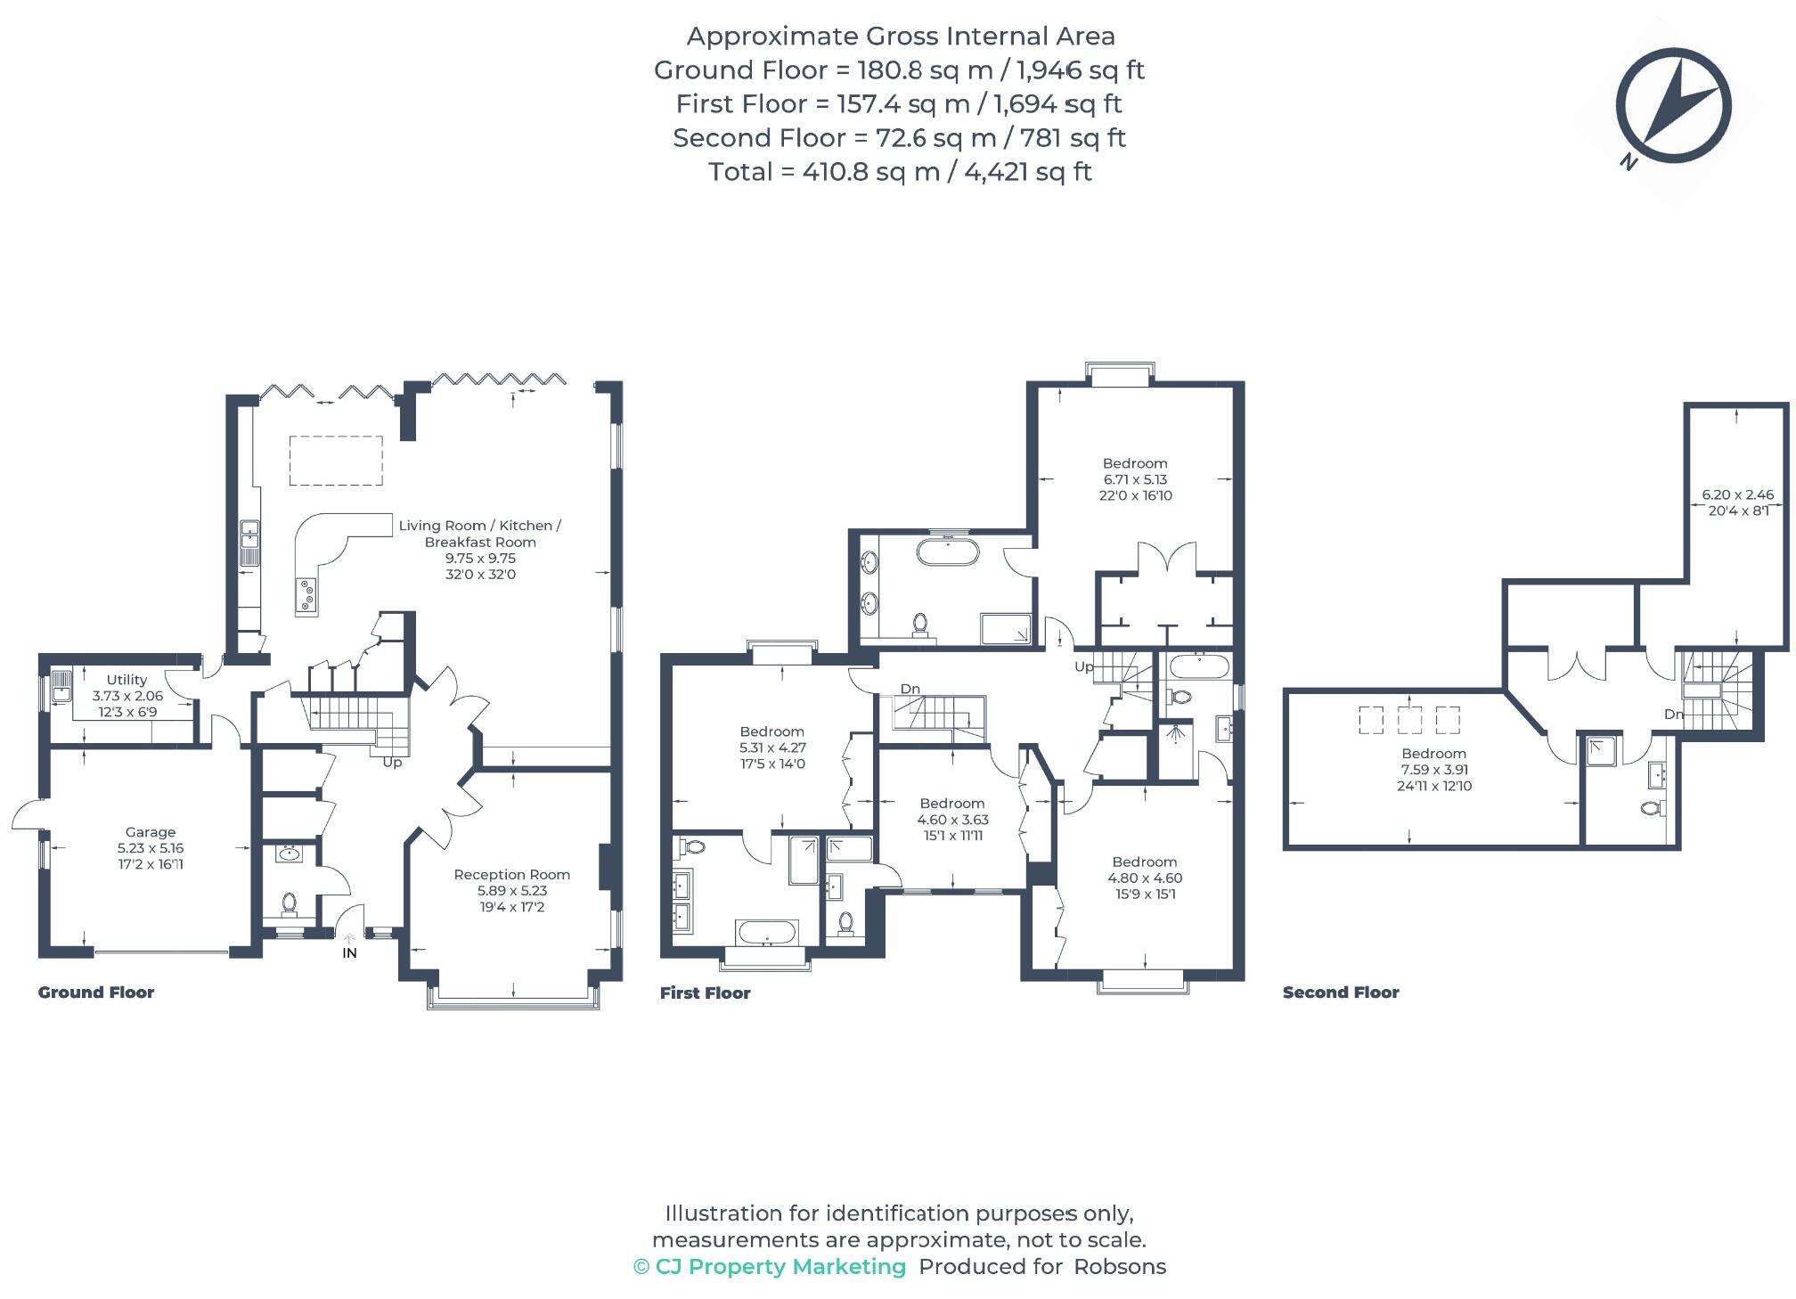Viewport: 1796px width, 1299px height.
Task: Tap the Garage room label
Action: [x=150, y=832]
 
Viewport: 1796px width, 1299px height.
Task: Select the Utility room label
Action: [x=127, y=680]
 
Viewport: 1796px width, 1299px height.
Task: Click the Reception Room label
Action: [x=511, y=875]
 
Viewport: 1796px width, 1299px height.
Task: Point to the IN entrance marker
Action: [x=349, y=952]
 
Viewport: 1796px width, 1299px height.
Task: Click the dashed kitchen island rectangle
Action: [x=336, y=461]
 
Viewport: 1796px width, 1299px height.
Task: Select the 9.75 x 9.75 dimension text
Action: [x=480, y=559]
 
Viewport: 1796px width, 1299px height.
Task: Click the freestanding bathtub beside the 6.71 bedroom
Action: [x=948, y=551]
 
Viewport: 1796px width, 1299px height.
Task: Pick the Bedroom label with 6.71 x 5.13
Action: [x=1134, y=463]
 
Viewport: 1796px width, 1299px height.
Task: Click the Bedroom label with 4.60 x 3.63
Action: [x=951, y=804]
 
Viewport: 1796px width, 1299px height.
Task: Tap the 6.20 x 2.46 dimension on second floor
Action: [x=1737, y=494]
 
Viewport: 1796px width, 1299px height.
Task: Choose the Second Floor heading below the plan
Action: [x=1340, y=993]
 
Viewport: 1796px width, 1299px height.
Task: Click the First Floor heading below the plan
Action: [x=705, y=993]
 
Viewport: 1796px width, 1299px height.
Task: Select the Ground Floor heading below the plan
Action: [x=96, y=993]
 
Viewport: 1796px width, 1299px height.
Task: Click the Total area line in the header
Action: [x=899, y=172]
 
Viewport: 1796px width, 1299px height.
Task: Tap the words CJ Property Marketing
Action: [x=780, y=1267]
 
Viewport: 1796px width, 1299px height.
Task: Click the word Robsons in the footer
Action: [x=1119, y=1267]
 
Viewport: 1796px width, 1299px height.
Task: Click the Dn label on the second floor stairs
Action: [x=1673, y=715]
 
